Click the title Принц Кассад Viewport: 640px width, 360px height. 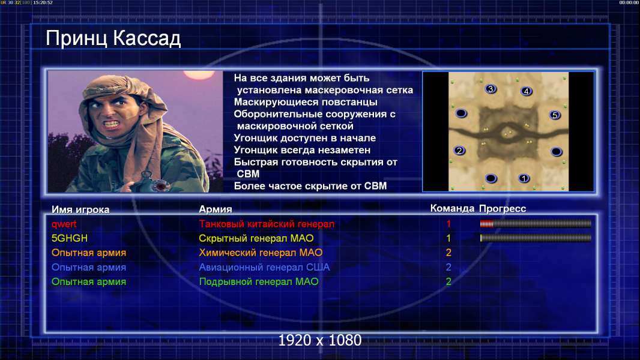(x=113, y=38)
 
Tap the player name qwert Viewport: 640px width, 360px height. (x=64, y=224)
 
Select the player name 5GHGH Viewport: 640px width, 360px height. (x=70, y=238)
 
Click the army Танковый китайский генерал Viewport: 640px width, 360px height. (x=267, y=224)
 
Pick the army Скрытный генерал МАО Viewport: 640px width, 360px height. (x=256, y=238)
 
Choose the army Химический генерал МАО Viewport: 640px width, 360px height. (x=261, y=253)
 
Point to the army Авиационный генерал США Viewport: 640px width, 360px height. (x=264, y=268)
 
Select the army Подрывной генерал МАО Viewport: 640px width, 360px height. (x=258, y=282)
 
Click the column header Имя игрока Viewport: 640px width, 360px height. (x=80, y=209)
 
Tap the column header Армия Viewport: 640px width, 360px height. (x=215, y=209)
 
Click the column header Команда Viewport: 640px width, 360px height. (x=452, y=208)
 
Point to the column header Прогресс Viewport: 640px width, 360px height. (x=503, y=208)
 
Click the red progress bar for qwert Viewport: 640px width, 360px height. (x=486, y=223)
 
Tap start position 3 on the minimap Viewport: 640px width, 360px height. (x=491, y=89)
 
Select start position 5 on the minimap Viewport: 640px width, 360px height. (x=555, y=115)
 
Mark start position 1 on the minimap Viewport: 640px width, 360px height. (x=524, y=178)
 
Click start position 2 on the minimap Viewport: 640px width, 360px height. (x=459, y=151)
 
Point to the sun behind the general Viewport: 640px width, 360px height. (x=199, y=74)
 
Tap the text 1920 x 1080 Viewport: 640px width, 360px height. (x=319, y=340)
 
